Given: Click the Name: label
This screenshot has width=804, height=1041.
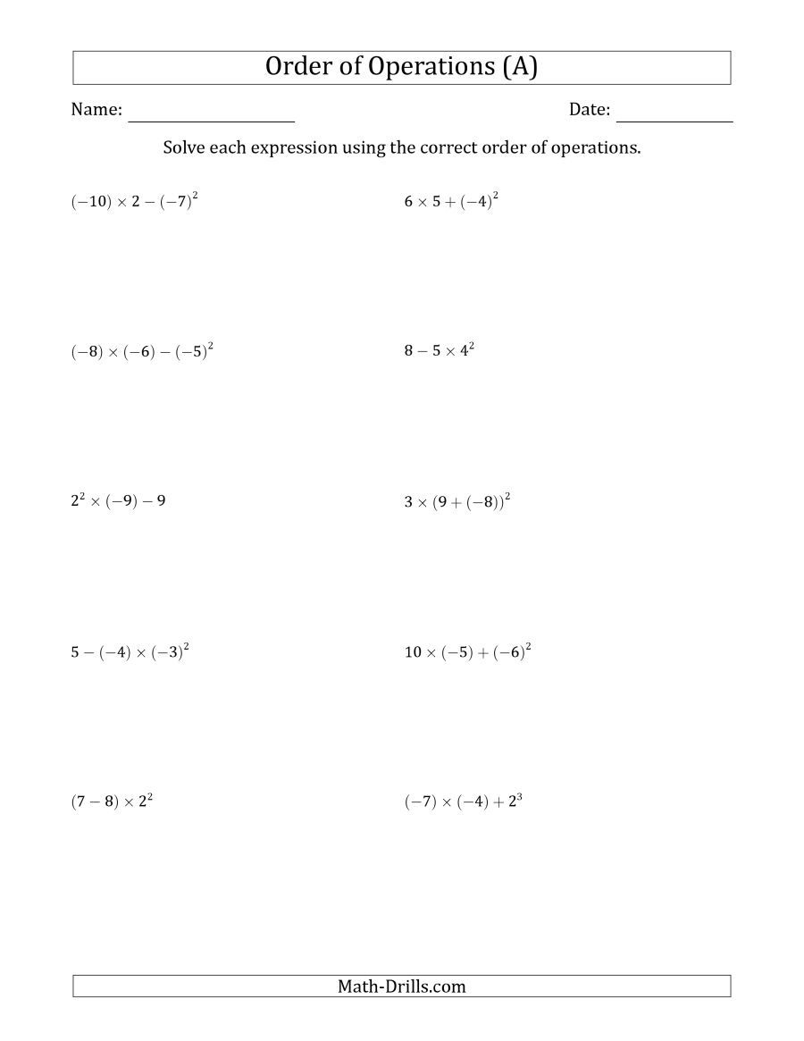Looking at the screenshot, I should click(x=96, y=110).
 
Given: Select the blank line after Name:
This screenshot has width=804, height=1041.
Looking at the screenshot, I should click(x=212, y=119).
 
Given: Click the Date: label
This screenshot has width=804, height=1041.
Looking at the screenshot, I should click(x=590, y=110).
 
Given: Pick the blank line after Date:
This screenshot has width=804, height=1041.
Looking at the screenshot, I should click(x=674, y=119).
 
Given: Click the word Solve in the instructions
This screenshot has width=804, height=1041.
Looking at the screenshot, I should click(x=185, y=147).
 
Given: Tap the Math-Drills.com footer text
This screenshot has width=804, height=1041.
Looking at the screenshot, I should click(x=402, y=986).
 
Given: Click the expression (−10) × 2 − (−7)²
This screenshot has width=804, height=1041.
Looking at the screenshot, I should click(x=134, y=201).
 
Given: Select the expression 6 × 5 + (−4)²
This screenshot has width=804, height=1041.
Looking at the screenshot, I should click(x=451, y=201).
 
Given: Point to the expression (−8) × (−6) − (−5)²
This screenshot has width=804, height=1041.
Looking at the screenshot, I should click(x=142, y=351).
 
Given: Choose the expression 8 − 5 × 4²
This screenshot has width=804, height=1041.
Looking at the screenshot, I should click(x=439, y=350).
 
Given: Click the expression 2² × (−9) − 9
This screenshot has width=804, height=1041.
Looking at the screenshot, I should click(x=118, y=500).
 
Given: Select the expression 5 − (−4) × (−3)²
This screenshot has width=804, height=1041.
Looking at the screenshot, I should click(x=130, y=651).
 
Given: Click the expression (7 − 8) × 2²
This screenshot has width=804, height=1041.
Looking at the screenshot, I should click(x=112, y=802).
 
